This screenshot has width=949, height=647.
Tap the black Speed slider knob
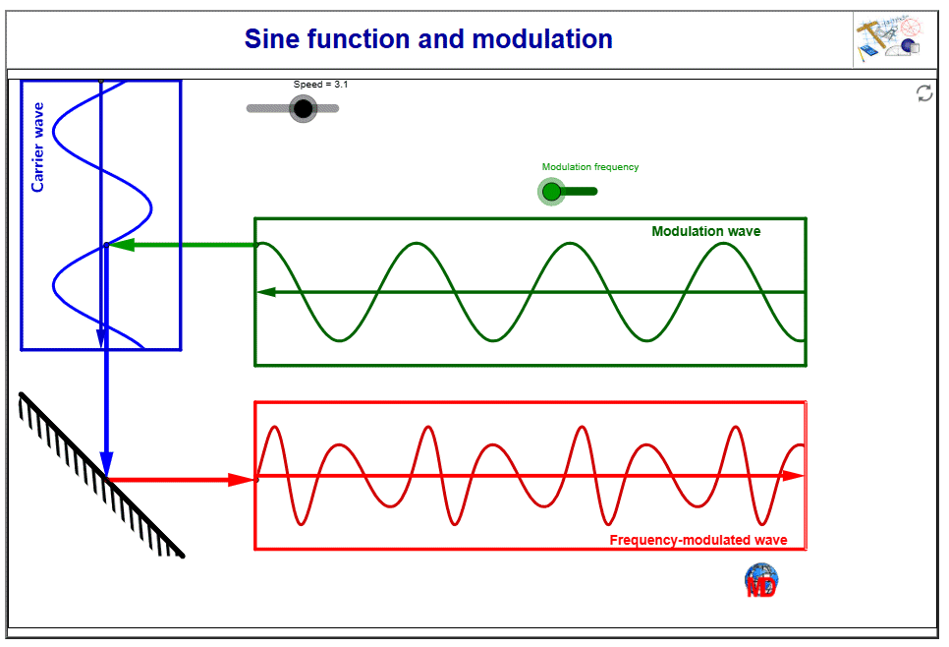(304, 108)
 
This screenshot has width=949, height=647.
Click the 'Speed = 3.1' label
(320, 85)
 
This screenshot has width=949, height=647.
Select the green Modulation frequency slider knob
(551, 191)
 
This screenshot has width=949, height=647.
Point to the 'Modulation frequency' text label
(590, 167)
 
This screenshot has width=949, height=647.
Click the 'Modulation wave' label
(705, 232)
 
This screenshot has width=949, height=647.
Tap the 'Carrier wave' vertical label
(38, 147)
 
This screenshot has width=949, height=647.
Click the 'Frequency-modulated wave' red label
(698, 540)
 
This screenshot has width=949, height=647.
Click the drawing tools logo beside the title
(888, 40)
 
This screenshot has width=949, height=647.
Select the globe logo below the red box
(761, 580)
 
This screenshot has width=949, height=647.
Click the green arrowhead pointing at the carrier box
(120, 245)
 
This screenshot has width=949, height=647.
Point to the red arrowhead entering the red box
(241, 480)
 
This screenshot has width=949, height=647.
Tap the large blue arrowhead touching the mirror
(106, 464)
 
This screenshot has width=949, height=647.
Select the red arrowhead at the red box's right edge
(793, 476)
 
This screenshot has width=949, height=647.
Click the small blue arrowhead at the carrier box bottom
(100, 338)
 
